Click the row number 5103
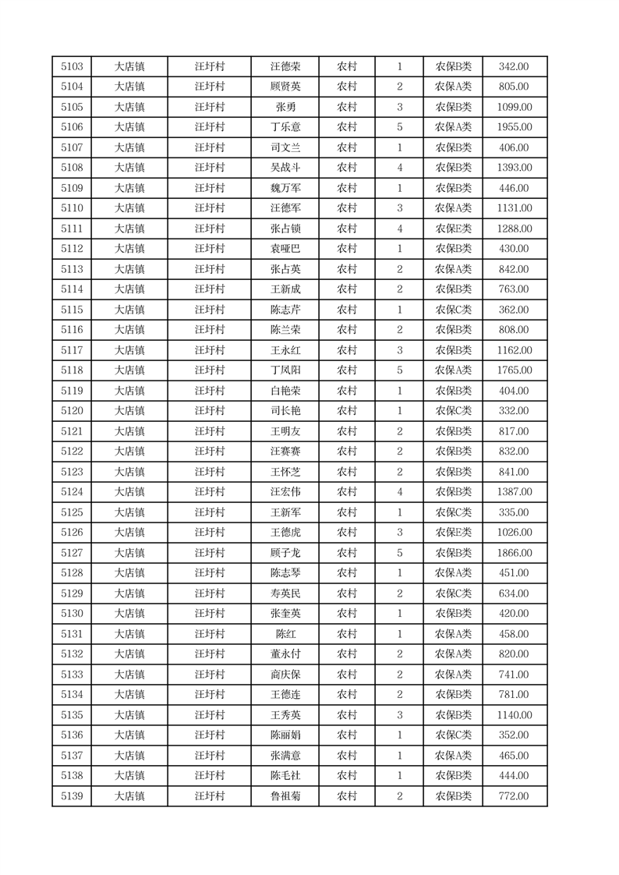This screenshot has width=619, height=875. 72,67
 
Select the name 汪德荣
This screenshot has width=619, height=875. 284,67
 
